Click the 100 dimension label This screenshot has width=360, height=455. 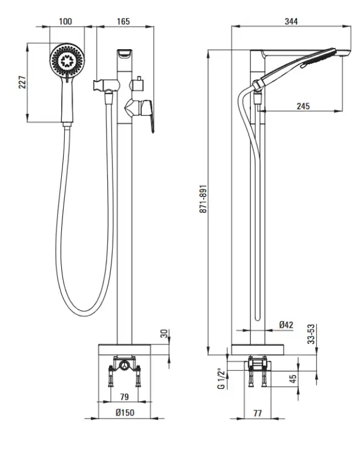(x=65, y=21)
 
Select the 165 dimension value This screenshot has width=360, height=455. (x=124, y=21)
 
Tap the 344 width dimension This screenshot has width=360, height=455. (x=291, y=21)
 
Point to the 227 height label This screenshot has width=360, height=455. (x=22, y=83)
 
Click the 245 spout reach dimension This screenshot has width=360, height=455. (x=303, y=106)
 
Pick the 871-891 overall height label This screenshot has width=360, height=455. (x=203, y=199)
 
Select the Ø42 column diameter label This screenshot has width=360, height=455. (x=286, y=325)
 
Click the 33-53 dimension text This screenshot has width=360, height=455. (x=311, y=334)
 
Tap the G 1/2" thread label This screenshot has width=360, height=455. (x=221, y=379)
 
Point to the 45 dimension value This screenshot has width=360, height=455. (x=293, y=379)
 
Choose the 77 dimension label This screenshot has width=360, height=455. (x=258, y=413)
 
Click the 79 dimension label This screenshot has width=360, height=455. (x=124, y=397)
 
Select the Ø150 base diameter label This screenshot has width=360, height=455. (x=125, y=413)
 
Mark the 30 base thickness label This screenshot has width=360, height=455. (x=164, y=334)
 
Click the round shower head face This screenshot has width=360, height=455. (x=67, y=60)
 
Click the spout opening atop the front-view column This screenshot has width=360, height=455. (x=124, y=54)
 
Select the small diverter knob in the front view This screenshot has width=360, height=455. (x=138, y=84)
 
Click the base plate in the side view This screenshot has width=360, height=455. (x=258, y=349)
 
